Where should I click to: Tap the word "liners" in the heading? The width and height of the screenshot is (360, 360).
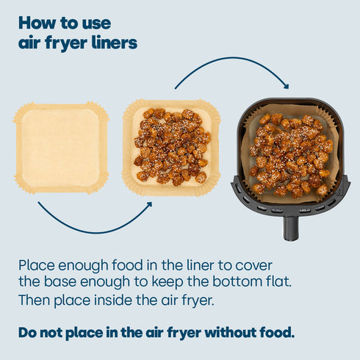(x=113, y=43)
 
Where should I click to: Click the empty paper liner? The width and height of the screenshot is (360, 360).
(x=61, y=148)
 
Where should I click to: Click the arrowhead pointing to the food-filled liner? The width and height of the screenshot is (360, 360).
(x=148, y=205)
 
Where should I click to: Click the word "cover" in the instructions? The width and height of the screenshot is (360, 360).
(x=264, y=264)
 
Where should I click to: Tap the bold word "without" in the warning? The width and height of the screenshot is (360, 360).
(x=224, y=331)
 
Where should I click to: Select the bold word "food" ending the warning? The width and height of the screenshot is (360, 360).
(x=276, y=331)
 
